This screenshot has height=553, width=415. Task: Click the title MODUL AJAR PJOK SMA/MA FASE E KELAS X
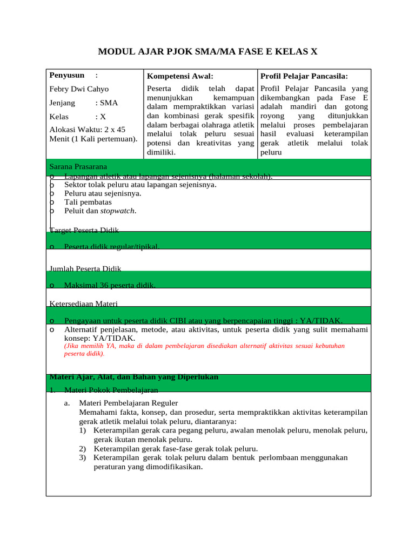(207, 52)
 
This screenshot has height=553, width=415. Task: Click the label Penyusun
(67, 76)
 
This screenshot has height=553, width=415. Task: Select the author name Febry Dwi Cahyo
(79, 89)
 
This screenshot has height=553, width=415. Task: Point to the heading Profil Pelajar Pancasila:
(304, 77)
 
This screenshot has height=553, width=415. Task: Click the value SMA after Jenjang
(106, 103)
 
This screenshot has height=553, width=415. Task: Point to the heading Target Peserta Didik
(84, 231)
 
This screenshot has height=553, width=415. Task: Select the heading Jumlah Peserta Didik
(85, 268)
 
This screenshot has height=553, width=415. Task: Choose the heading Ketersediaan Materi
(84, 304)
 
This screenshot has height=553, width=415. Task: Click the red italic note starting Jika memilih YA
(204, 349)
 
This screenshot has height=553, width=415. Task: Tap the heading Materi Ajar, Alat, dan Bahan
(134, 377)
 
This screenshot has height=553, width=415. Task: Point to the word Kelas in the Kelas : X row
(59, 116)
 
